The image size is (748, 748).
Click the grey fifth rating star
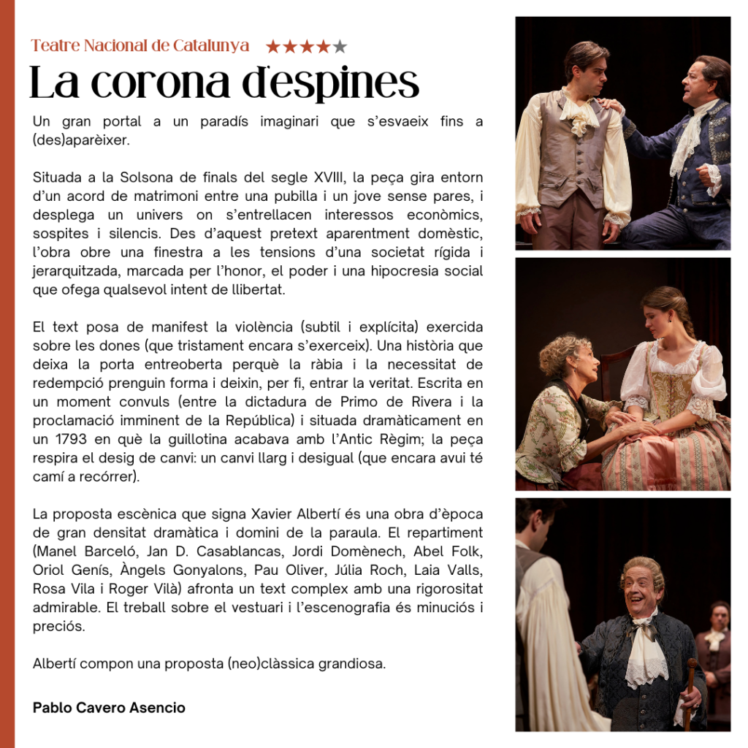pos(340,47)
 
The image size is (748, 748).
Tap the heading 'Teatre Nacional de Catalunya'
pos(140,46)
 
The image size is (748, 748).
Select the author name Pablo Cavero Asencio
pos(109,708)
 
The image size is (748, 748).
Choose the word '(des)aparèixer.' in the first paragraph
pos(81,140)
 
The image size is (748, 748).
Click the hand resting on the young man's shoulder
pos(611,104)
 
